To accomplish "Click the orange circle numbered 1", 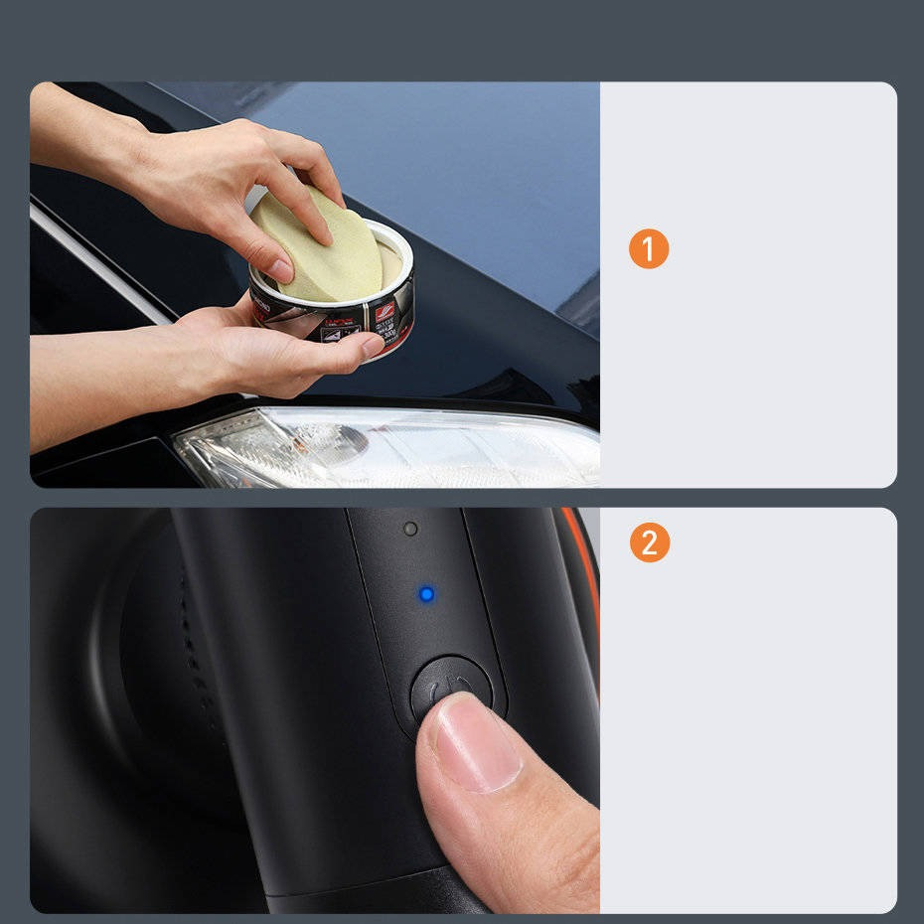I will tap(649, 249).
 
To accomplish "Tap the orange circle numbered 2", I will tap(649, 542).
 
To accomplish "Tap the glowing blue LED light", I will tap(426, 594).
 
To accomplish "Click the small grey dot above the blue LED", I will tap(410, 529).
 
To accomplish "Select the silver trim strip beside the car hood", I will tap(99, 263).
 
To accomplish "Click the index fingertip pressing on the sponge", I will tap(320, 232).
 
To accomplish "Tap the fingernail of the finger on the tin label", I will tap(373, 345).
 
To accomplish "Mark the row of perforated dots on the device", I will tap(195, 646).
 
